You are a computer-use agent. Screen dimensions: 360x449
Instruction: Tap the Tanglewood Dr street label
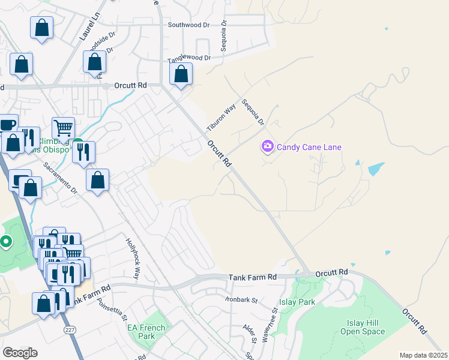(189, 58)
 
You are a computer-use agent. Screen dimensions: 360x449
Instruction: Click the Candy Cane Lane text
(309, 146)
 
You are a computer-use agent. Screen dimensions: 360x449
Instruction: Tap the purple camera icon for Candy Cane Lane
(267, 146)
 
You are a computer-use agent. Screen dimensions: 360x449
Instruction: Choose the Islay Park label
(297, 302)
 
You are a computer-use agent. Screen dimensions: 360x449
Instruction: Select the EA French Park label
(141, 332)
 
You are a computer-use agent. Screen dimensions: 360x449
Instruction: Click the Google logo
(20, 353)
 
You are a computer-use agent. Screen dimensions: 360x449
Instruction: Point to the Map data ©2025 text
(423, 355)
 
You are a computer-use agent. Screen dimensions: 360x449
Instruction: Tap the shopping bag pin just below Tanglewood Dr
(181, 75)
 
